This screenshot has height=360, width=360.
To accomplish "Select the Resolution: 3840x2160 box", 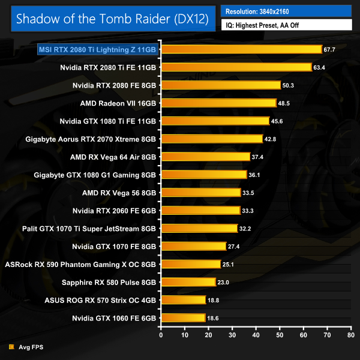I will (286, 10).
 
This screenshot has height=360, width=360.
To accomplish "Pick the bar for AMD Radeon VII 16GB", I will (218, 103).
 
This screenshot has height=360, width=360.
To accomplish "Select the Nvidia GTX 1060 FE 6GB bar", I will (182, 317).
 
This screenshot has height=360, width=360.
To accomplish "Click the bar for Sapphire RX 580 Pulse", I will (188, 282).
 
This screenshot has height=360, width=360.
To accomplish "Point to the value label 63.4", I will (319, 67).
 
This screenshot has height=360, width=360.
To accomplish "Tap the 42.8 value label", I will (271, 139).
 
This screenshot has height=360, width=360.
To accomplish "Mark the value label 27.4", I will (234, 246).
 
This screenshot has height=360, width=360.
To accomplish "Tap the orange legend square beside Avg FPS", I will (11, 347).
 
